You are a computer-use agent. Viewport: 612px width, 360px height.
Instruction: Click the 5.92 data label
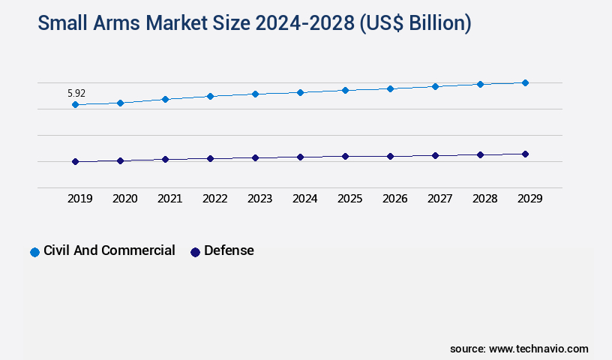pos(76,94)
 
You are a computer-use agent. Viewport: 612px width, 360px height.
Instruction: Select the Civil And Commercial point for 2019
pos(75,105)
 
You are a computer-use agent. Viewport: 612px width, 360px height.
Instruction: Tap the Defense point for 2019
pos(75,161)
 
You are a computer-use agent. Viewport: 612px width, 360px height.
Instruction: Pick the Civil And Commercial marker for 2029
pos(525,82)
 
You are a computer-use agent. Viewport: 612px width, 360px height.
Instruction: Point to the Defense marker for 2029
pos(525,154)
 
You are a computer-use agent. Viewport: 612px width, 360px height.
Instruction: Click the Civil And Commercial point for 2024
pos(300,92)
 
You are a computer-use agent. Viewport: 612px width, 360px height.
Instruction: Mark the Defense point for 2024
pos(300,157)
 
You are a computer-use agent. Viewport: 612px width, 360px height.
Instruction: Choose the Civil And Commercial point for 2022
pos(210,96)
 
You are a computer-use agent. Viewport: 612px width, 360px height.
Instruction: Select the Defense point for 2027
pos(435,155)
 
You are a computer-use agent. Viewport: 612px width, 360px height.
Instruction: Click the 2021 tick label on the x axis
pos(169,199)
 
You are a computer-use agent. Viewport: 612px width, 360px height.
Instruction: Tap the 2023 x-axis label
pos(259,199)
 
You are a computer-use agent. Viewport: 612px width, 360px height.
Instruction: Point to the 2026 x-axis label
pos(394,199)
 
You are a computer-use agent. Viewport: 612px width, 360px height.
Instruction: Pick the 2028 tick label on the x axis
pos(484,199)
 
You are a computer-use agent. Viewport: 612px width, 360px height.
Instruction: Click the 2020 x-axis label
pos(124,199)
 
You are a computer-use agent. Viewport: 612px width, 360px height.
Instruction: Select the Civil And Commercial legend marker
pos(34,252)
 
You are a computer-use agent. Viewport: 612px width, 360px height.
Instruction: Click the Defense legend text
pos(229,250)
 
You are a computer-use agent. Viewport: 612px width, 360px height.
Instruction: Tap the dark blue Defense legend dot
pos(195,252)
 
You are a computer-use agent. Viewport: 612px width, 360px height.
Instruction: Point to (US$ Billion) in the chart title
pos(415,24)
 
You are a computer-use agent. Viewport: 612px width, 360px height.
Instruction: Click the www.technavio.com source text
pos(538,349)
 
